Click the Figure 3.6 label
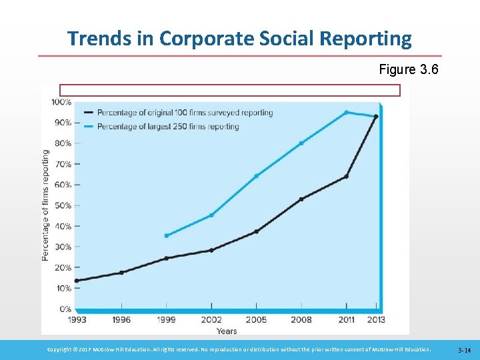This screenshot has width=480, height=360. click(408, 69)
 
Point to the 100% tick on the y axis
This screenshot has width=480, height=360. click(61, 102)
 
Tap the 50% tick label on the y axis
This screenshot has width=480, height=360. click(63, 205)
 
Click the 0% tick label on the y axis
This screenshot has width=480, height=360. click(65, 309)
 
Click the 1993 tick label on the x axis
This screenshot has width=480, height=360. click(76, 319)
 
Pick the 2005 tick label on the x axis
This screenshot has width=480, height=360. click(256, 319)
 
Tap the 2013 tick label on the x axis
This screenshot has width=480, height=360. click(376, 319)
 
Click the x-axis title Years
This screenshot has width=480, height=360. click(226, 331)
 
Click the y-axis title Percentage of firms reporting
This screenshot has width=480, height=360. click(45, 204)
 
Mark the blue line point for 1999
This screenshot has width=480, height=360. click(166, 235)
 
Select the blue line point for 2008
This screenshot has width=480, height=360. click(301, 143)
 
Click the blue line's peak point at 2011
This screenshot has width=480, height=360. click(346, 112)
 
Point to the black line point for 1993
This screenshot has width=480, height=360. click(76, 281)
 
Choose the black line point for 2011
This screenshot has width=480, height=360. click(346, 177)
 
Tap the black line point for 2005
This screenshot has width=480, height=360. click(256, 232)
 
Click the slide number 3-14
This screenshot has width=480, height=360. click(465, 350)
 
